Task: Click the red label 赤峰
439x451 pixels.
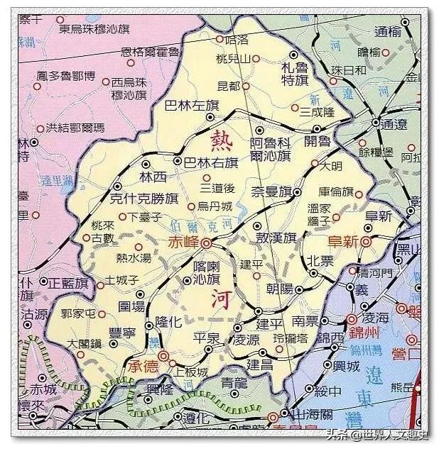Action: (x=183, y=242)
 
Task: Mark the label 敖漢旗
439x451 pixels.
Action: (x=276, y=238)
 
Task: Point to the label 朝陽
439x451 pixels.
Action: (x=279, y=289)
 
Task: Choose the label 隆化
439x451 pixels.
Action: (x=169, y=321)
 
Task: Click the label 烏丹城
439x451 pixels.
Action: (x=215, y=206)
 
